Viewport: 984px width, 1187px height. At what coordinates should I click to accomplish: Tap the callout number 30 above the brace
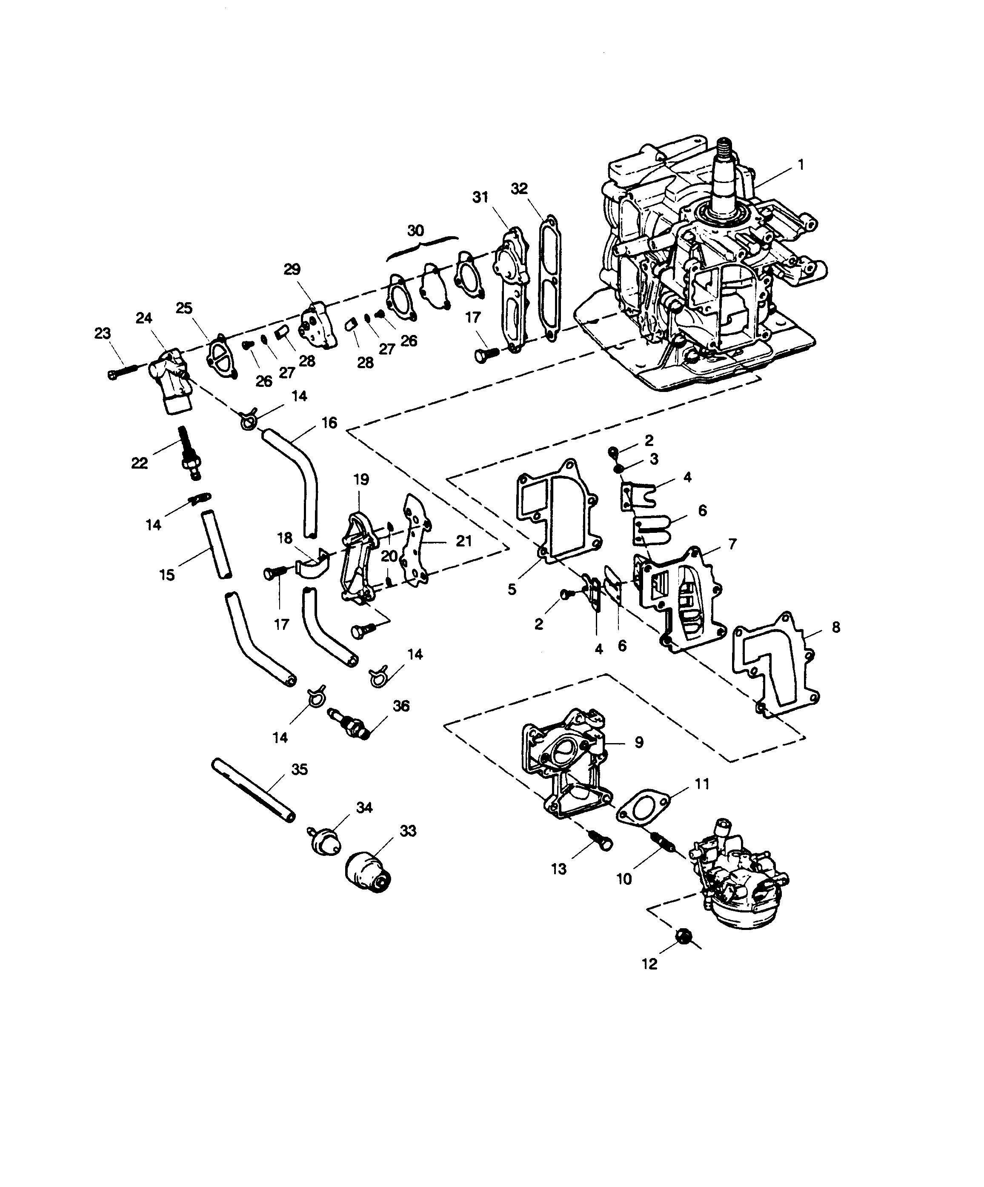tap(415, 231)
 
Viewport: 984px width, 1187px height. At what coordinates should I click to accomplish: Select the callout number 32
tap(519, 189)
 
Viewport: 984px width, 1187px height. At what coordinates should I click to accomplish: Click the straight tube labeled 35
tap(253, 790)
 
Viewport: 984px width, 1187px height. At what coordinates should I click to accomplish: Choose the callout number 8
tap(836, 626)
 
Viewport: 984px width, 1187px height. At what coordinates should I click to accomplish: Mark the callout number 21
tap(463, 541)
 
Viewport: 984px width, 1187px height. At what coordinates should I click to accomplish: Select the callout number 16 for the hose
tap(329, 422)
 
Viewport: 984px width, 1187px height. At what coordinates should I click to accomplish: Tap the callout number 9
tap(639, 742)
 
